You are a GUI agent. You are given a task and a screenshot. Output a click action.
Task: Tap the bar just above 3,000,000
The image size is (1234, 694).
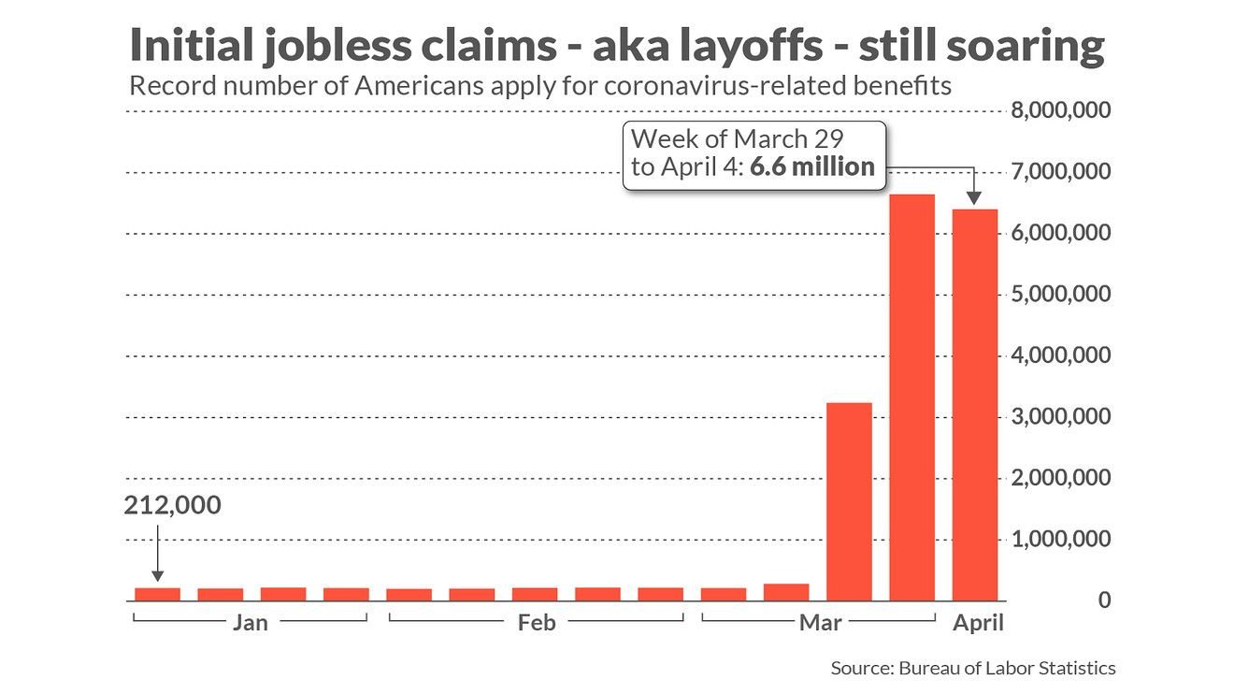849,500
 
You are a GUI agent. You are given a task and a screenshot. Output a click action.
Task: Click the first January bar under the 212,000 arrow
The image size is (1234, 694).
157,593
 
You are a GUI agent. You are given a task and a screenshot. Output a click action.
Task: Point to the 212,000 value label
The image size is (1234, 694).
173,506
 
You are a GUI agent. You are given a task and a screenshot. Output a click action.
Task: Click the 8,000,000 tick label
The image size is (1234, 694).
1061,111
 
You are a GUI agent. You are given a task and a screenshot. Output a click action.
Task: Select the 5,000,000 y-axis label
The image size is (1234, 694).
1061,295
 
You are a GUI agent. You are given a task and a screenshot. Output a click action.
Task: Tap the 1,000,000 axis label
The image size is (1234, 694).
1061,540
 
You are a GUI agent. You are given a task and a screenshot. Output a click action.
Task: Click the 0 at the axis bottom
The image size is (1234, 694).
1105,600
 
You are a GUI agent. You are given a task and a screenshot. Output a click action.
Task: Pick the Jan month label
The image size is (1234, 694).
250,623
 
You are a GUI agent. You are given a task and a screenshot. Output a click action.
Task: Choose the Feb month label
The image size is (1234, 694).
537,623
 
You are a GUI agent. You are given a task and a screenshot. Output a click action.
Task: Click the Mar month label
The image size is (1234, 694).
820,623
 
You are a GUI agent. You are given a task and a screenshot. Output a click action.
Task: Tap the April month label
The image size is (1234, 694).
978,623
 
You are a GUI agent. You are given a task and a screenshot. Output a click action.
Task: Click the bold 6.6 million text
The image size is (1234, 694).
812,167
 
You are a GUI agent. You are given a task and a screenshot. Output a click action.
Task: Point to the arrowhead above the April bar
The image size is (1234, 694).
974,198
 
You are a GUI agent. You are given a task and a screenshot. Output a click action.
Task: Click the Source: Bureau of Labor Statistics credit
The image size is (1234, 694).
972,668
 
